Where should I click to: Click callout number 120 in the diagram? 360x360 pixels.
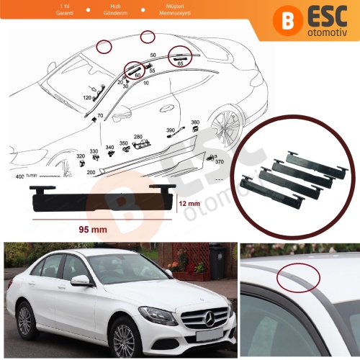tap(87, 96)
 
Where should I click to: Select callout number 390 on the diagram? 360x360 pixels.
tap(171, 130)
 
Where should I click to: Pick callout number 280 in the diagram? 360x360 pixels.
tap(138, 136)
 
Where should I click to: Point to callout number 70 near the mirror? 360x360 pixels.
tap(99, 116)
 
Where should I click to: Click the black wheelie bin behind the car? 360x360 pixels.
tap(215, 261)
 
